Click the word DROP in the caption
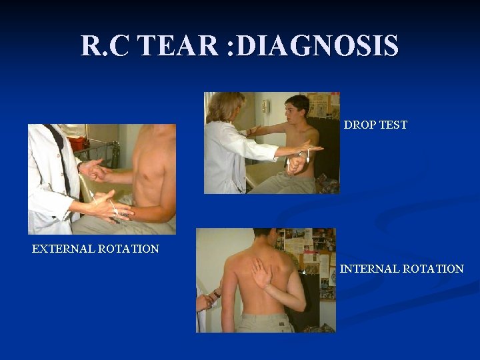click(x=359, y=125)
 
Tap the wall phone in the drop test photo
click(x=265, y=106)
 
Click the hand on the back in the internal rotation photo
click(x=258, y=271)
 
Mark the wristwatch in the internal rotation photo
click(x=217, y=293)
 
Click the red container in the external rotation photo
click(x=78, y=143)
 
